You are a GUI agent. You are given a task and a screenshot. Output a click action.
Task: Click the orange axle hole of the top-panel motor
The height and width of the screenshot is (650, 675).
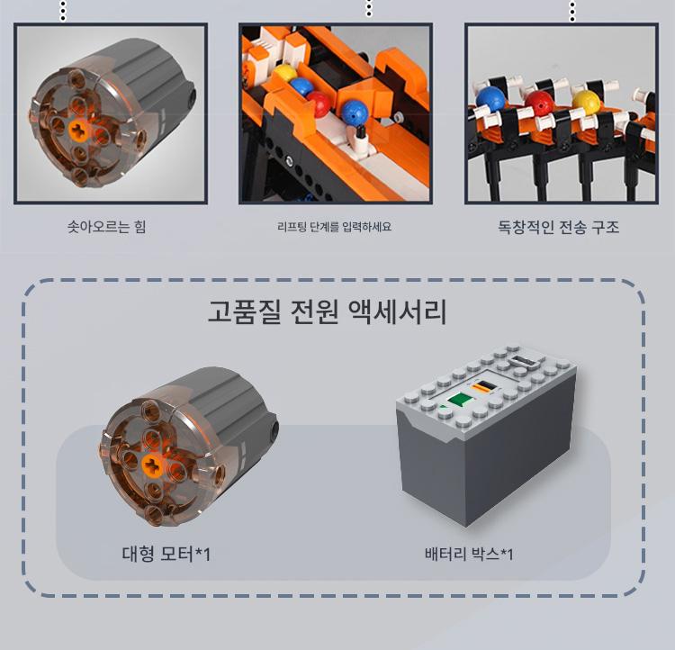coord(79,131)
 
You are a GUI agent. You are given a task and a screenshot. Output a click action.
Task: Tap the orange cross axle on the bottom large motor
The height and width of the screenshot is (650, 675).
coord(152,465)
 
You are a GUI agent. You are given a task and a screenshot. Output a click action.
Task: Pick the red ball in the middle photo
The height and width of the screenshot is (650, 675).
coord(319,104)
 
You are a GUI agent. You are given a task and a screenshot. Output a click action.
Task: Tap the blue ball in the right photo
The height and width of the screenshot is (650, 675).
coord(490,100)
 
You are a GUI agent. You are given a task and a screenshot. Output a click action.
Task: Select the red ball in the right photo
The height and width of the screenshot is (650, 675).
coord(539,104)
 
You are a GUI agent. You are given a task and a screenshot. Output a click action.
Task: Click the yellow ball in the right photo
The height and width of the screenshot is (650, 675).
coord(586,103)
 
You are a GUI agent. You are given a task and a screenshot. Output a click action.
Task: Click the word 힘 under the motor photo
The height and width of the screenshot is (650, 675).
coord(139,227)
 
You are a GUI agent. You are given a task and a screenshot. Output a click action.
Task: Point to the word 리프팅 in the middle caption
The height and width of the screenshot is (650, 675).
coord(292,226)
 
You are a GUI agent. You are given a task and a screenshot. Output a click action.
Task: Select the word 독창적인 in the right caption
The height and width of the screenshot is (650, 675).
coord(526,227)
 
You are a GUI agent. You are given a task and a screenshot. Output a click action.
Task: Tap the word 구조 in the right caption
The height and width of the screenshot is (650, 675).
coord(605,227)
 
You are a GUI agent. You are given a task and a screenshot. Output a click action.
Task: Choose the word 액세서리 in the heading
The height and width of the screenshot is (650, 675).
coord(397,311)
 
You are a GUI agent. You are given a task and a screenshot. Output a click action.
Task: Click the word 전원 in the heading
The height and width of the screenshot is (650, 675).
coord(314,311)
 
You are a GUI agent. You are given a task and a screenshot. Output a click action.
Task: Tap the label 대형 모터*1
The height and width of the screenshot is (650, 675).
coord(166,554)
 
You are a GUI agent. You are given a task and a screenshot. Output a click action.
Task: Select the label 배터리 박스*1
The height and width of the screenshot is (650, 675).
coord(469,554)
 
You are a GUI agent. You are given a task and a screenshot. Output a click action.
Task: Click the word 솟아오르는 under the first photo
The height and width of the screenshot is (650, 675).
coord(98,227)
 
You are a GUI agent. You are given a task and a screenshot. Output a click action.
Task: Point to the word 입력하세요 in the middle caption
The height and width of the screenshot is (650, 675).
coord(367,226)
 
